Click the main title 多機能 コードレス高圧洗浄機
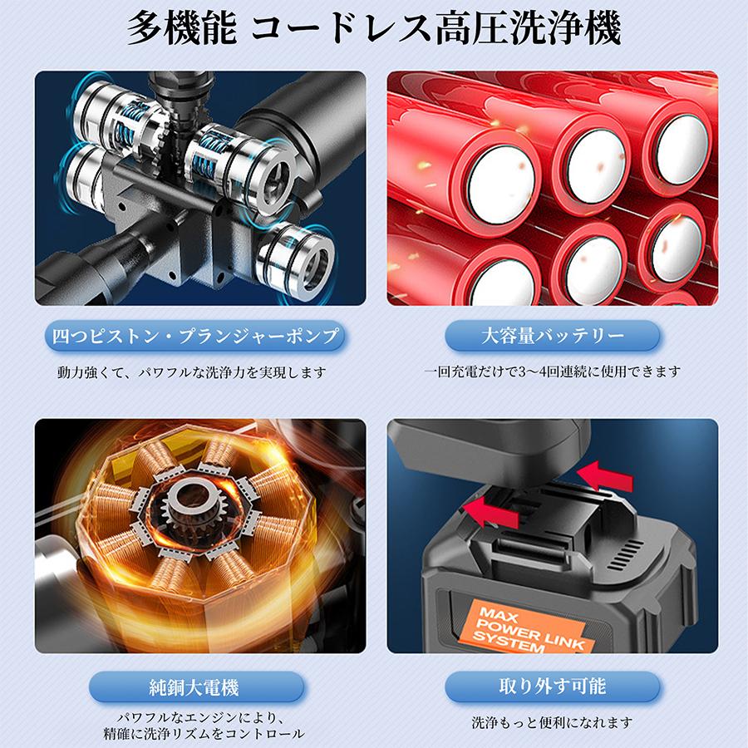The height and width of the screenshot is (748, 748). (374, 28)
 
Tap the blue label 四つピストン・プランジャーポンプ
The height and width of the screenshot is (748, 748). (194, 337)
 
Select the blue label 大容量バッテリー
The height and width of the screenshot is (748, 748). (553, 337)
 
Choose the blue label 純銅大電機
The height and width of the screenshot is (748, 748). (196, 687)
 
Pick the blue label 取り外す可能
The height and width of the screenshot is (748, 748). (553, 687)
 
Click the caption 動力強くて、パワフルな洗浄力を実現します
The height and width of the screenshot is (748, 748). (192, 372)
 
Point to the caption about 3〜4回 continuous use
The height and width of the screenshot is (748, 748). (553, 372)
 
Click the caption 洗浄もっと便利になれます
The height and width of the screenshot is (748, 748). (553, 723)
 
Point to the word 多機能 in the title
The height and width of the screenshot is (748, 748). (182, 28)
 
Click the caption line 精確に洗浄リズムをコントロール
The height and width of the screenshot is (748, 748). (204, 734)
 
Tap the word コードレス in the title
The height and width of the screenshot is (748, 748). (341, 28)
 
